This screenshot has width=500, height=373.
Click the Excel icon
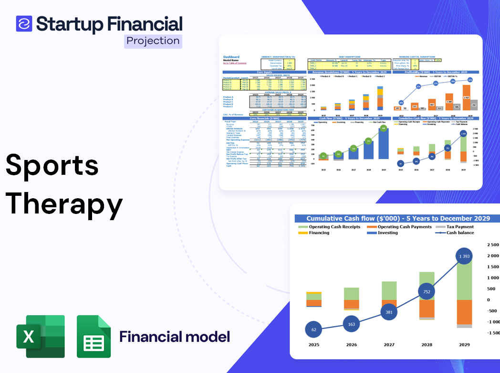[x=41, y=336]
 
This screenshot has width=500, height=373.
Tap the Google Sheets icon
[x=94, y=336]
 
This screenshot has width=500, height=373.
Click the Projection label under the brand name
[x=153, y=41]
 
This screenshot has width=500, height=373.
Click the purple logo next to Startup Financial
[x=24, y=23]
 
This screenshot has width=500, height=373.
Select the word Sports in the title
[x=52, y=166]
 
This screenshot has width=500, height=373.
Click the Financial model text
[x=175, y=337]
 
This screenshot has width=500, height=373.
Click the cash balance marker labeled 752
[x=427, y=292]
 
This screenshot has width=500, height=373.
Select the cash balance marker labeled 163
[x=351, y=324]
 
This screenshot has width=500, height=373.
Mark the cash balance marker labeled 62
[x=313, y=329]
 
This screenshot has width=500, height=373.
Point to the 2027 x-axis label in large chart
[x=389, y=344]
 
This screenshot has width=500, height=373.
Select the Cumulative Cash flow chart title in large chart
[x=398, y=218]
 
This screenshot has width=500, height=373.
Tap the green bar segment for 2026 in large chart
[x=352, y=293]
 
